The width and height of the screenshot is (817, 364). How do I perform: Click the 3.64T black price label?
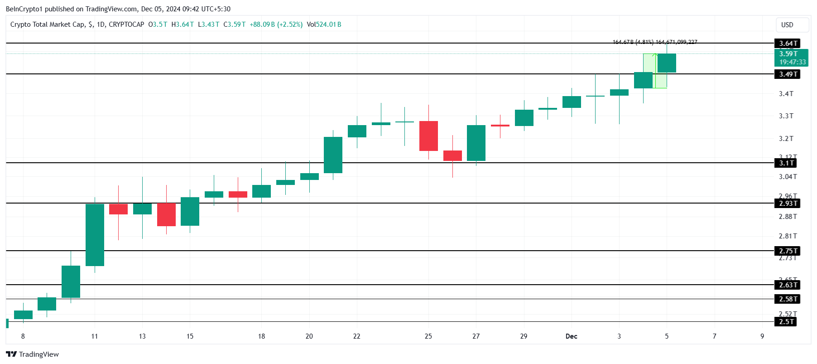coord(788,44)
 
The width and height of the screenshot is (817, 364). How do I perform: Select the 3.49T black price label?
coord(788,74)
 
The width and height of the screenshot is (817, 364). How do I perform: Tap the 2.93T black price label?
coord(788,204)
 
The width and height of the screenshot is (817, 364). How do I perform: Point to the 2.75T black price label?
coord(788,251)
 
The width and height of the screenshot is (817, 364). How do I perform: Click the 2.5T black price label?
coord(786,322)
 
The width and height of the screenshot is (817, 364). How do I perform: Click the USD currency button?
coord(787,25)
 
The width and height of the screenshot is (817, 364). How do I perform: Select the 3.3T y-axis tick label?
coord(786,116)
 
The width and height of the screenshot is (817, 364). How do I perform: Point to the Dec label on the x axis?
coord(572,336)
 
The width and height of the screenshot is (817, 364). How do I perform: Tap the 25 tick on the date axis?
coord(428,336)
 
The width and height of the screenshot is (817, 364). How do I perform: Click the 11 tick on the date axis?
coord(95,336)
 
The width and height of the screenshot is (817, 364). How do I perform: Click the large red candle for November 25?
coord(428,136)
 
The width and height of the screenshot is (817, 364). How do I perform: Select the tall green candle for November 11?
coord(95,235)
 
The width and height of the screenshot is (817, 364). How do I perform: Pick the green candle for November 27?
coord(476,143)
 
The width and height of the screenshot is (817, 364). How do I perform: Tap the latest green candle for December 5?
coord(667,63)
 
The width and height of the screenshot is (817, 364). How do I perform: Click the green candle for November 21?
coord(333,155)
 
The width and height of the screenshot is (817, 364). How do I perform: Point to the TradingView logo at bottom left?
coord(33,354)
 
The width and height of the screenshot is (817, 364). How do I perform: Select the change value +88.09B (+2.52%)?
coord(276,24)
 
